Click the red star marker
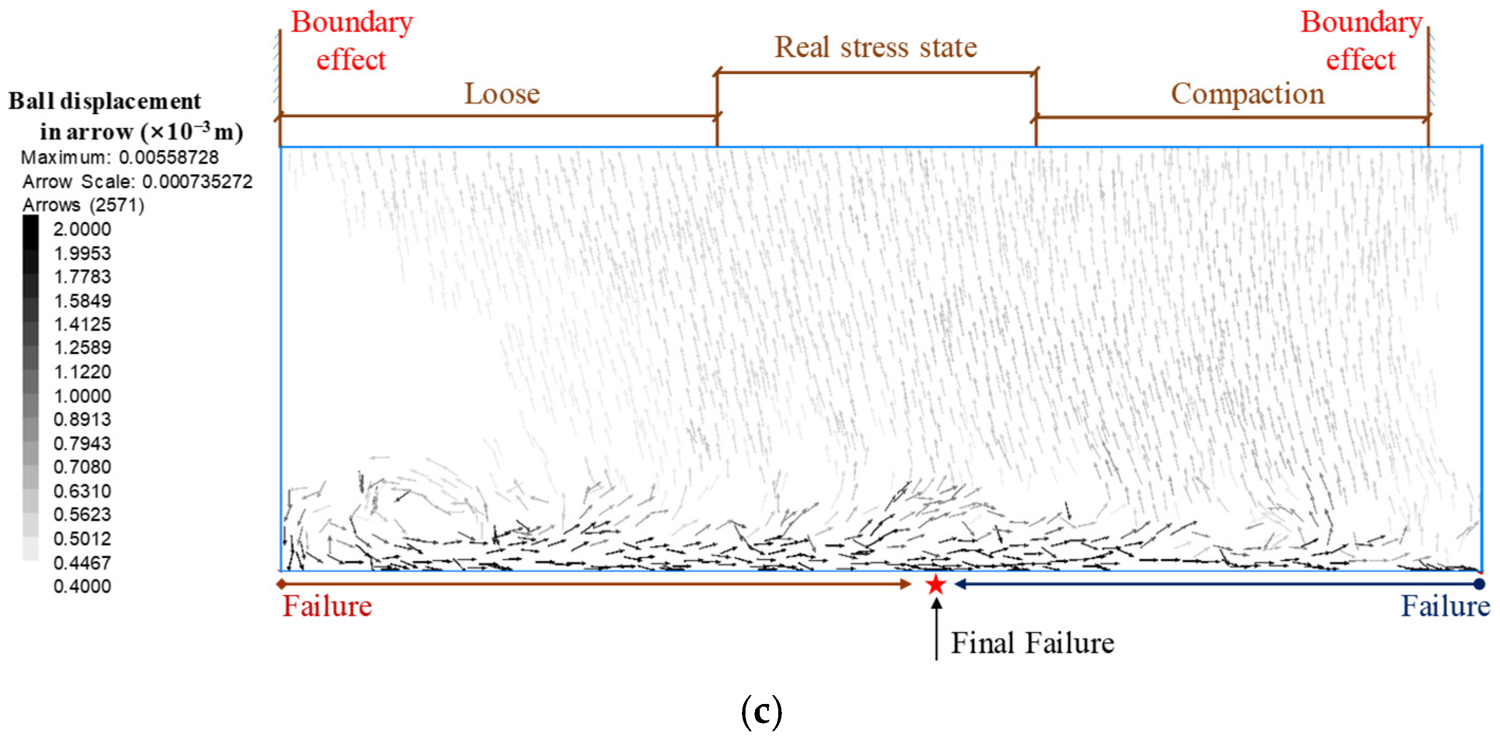936,584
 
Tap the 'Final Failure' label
1032,643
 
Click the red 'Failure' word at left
327,606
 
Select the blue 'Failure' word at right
1445,606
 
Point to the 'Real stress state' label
875,47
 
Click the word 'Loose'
502,94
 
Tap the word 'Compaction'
1247,94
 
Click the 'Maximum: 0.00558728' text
120,157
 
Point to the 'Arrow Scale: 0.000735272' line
137,182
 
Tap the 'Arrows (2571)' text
83,205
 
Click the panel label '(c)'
761,712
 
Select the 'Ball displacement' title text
105,101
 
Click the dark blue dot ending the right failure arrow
1478,584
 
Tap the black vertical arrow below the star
936,629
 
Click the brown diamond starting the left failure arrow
281,584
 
